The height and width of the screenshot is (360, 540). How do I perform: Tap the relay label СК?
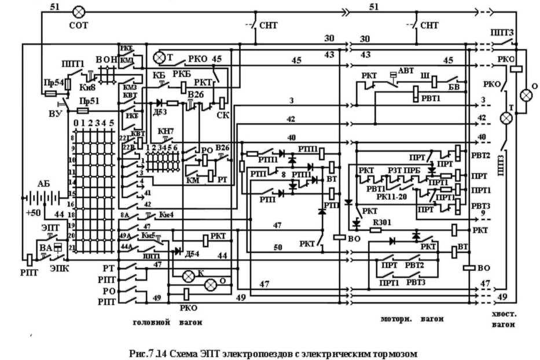coord(222,114)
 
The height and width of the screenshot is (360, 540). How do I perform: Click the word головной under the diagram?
coord(147,320)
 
